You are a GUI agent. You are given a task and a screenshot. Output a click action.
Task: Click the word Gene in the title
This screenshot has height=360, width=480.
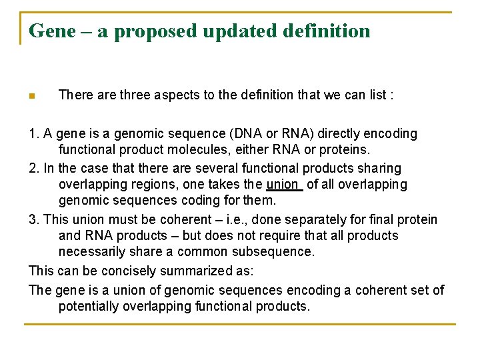pyautogui.click(x=52, y=31)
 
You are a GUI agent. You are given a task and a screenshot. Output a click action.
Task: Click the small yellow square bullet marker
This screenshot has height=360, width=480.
pyautogui.click(x=31, y=96)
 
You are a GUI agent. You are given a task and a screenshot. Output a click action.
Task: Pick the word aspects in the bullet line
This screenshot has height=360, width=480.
pyautogui.click(x=175, y=95)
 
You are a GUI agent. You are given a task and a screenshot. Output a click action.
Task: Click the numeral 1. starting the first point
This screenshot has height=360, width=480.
pyautogui.click(x=34, y=133)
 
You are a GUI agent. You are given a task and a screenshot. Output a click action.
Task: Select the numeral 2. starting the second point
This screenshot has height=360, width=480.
pyautogui.click(x=34, y=168)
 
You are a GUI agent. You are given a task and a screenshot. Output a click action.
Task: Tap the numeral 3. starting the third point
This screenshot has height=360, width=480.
pyautogui.click(x=34, y=219)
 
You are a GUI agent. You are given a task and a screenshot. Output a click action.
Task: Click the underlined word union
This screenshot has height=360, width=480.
pyautogui.click(x=282, y=185)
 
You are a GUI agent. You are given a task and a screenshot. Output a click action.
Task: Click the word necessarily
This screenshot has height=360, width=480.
pyautogui.click(x=89, y=252)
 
